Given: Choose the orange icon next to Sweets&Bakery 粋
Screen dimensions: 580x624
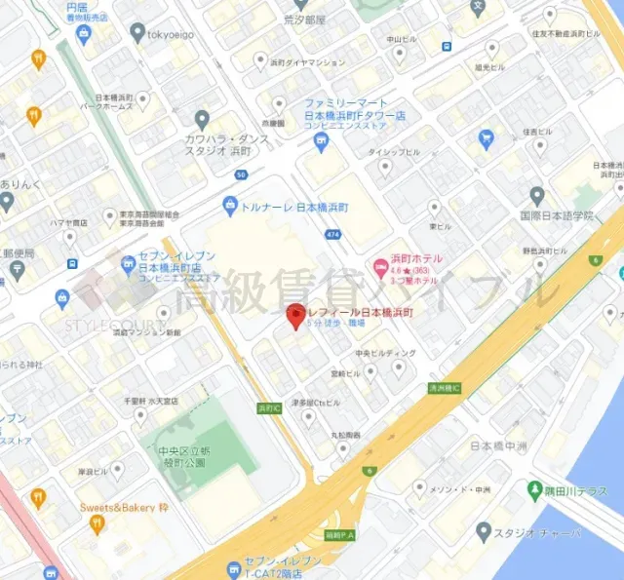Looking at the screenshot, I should (x=96, y=523).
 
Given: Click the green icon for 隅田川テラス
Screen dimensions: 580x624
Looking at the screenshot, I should (x=534, y=488).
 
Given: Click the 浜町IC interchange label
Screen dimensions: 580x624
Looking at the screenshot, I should (x=268, y=407).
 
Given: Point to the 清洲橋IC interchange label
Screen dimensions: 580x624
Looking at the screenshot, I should (x=444, y=388).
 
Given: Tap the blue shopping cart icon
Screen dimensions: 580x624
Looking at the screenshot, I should (x=486, y=139).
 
